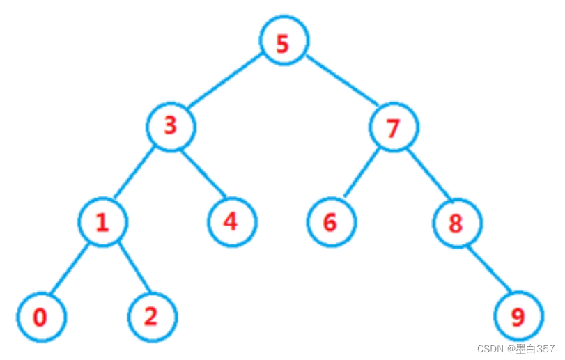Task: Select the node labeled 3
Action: [x=171, y=127]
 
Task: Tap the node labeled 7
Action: [x=394, y=127]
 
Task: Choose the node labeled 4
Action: [x=232, y=222]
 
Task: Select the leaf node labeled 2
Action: [x=153, y=317]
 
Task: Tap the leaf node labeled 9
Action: [x=518, y=317]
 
